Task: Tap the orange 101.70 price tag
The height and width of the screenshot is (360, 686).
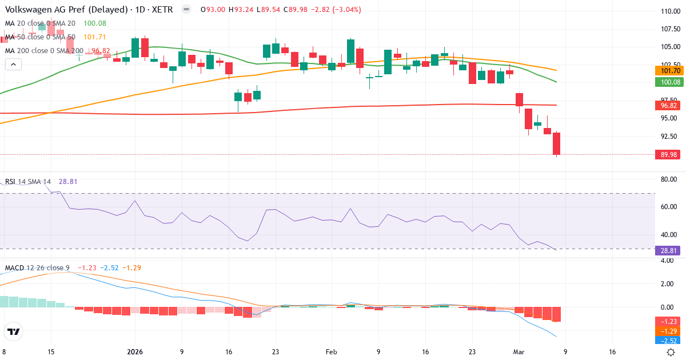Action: pos(667,71)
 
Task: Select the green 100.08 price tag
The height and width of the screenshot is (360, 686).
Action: pos(667,82)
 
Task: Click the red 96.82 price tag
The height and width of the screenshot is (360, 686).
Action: pos(667,106)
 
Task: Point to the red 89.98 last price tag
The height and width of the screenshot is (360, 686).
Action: pos(667,154)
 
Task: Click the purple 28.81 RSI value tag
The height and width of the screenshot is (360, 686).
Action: pos(667,250)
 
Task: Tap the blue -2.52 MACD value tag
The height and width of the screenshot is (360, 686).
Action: pos(667,341)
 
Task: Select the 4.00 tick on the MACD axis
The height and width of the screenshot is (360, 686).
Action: pos(667,261)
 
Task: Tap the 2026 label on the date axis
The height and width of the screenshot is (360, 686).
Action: pos(134,352)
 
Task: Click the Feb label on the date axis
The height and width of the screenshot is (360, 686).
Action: pos(332,352)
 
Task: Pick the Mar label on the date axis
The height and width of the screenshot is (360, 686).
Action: pos(519,352)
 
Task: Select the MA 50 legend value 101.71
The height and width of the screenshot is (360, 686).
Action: pos(95,37)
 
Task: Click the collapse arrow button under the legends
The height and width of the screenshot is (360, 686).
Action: pos(13,65)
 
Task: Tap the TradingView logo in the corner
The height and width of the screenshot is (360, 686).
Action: pos(14,331)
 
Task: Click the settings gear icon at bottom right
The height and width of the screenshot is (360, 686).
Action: pos(672,352)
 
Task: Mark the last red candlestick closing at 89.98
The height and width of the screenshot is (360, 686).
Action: pos(556,143)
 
